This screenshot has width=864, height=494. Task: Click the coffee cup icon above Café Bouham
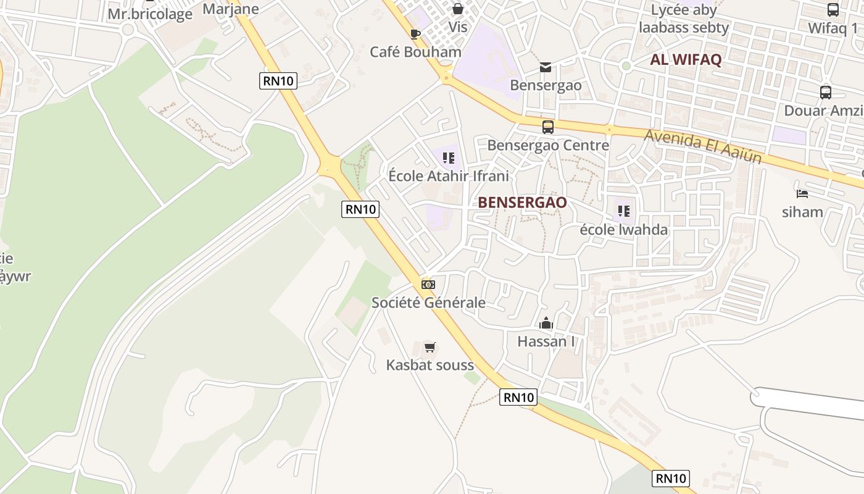pos(415,34)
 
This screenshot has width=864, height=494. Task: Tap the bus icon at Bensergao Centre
pos(547,127)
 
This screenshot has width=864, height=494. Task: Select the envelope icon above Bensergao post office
pos(546,67)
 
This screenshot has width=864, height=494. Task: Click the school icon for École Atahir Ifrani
pos(449,158)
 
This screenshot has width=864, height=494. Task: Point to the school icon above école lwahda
pos(624,212)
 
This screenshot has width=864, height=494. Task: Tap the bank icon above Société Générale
pos(428,285)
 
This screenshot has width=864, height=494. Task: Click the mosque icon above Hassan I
pos(546,323)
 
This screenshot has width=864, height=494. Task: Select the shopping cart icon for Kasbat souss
pos(430,347)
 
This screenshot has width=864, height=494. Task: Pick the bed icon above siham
pos(802,194)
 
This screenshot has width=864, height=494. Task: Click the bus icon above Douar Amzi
pos(826,93)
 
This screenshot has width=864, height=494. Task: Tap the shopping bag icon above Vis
pos(458,9)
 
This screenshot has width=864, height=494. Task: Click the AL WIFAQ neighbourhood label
pos(686,60)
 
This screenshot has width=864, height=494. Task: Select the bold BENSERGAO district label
pos(522,203)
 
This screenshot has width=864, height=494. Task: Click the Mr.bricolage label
pos(150,14)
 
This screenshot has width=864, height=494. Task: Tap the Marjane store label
pos(231,9)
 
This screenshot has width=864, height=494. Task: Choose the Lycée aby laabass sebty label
pos(684,19)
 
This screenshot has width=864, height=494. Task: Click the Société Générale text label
pos(428,303)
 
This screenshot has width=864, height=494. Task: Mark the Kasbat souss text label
pos(430,365)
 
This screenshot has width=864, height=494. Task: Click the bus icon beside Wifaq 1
pos(833,10)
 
